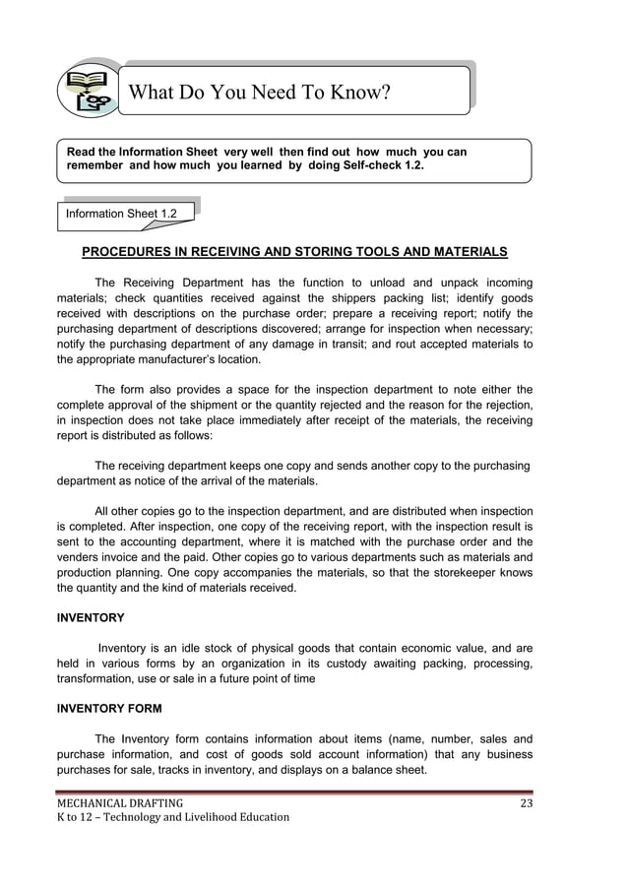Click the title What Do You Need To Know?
tap(260, 94)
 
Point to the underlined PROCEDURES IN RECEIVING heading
tap(294, 251)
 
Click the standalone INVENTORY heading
tap(91, 617)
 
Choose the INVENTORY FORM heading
tap(109, 707)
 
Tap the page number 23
tap(526, 800)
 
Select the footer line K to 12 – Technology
tap(172, 817)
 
